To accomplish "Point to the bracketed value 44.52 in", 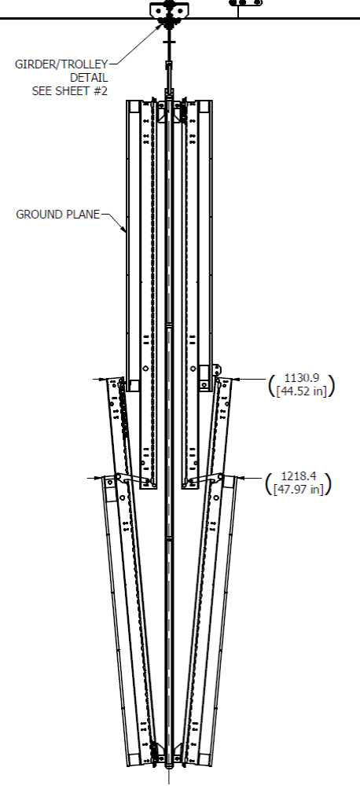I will pos(302,391).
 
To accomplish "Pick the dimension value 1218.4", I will pos(300,477).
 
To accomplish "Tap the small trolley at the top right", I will pos(246,3).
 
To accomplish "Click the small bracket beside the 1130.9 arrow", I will pos(218,369).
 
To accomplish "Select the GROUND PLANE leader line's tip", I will pos(127,232).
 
